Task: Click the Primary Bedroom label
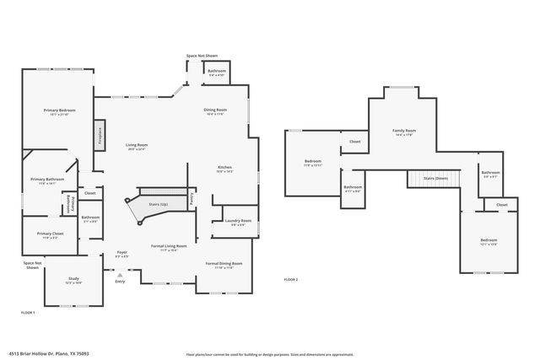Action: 54,110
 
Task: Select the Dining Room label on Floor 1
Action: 215,110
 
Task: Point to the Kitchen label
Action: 225,168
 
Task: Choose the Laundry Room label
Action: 236,222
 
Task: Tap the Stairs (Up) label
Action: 159,203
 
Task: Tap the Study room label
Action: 73,281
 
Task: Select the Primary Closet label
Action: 50,234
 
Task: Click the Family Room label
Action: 404,132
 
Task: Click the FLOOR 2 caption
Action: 290,278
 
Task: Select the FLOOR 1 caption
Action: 29,311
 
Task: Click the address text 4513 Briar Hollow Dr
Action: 50,354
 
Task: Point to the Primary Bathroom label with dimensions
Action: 48,180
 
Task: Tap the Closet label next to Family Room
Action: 355,142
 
